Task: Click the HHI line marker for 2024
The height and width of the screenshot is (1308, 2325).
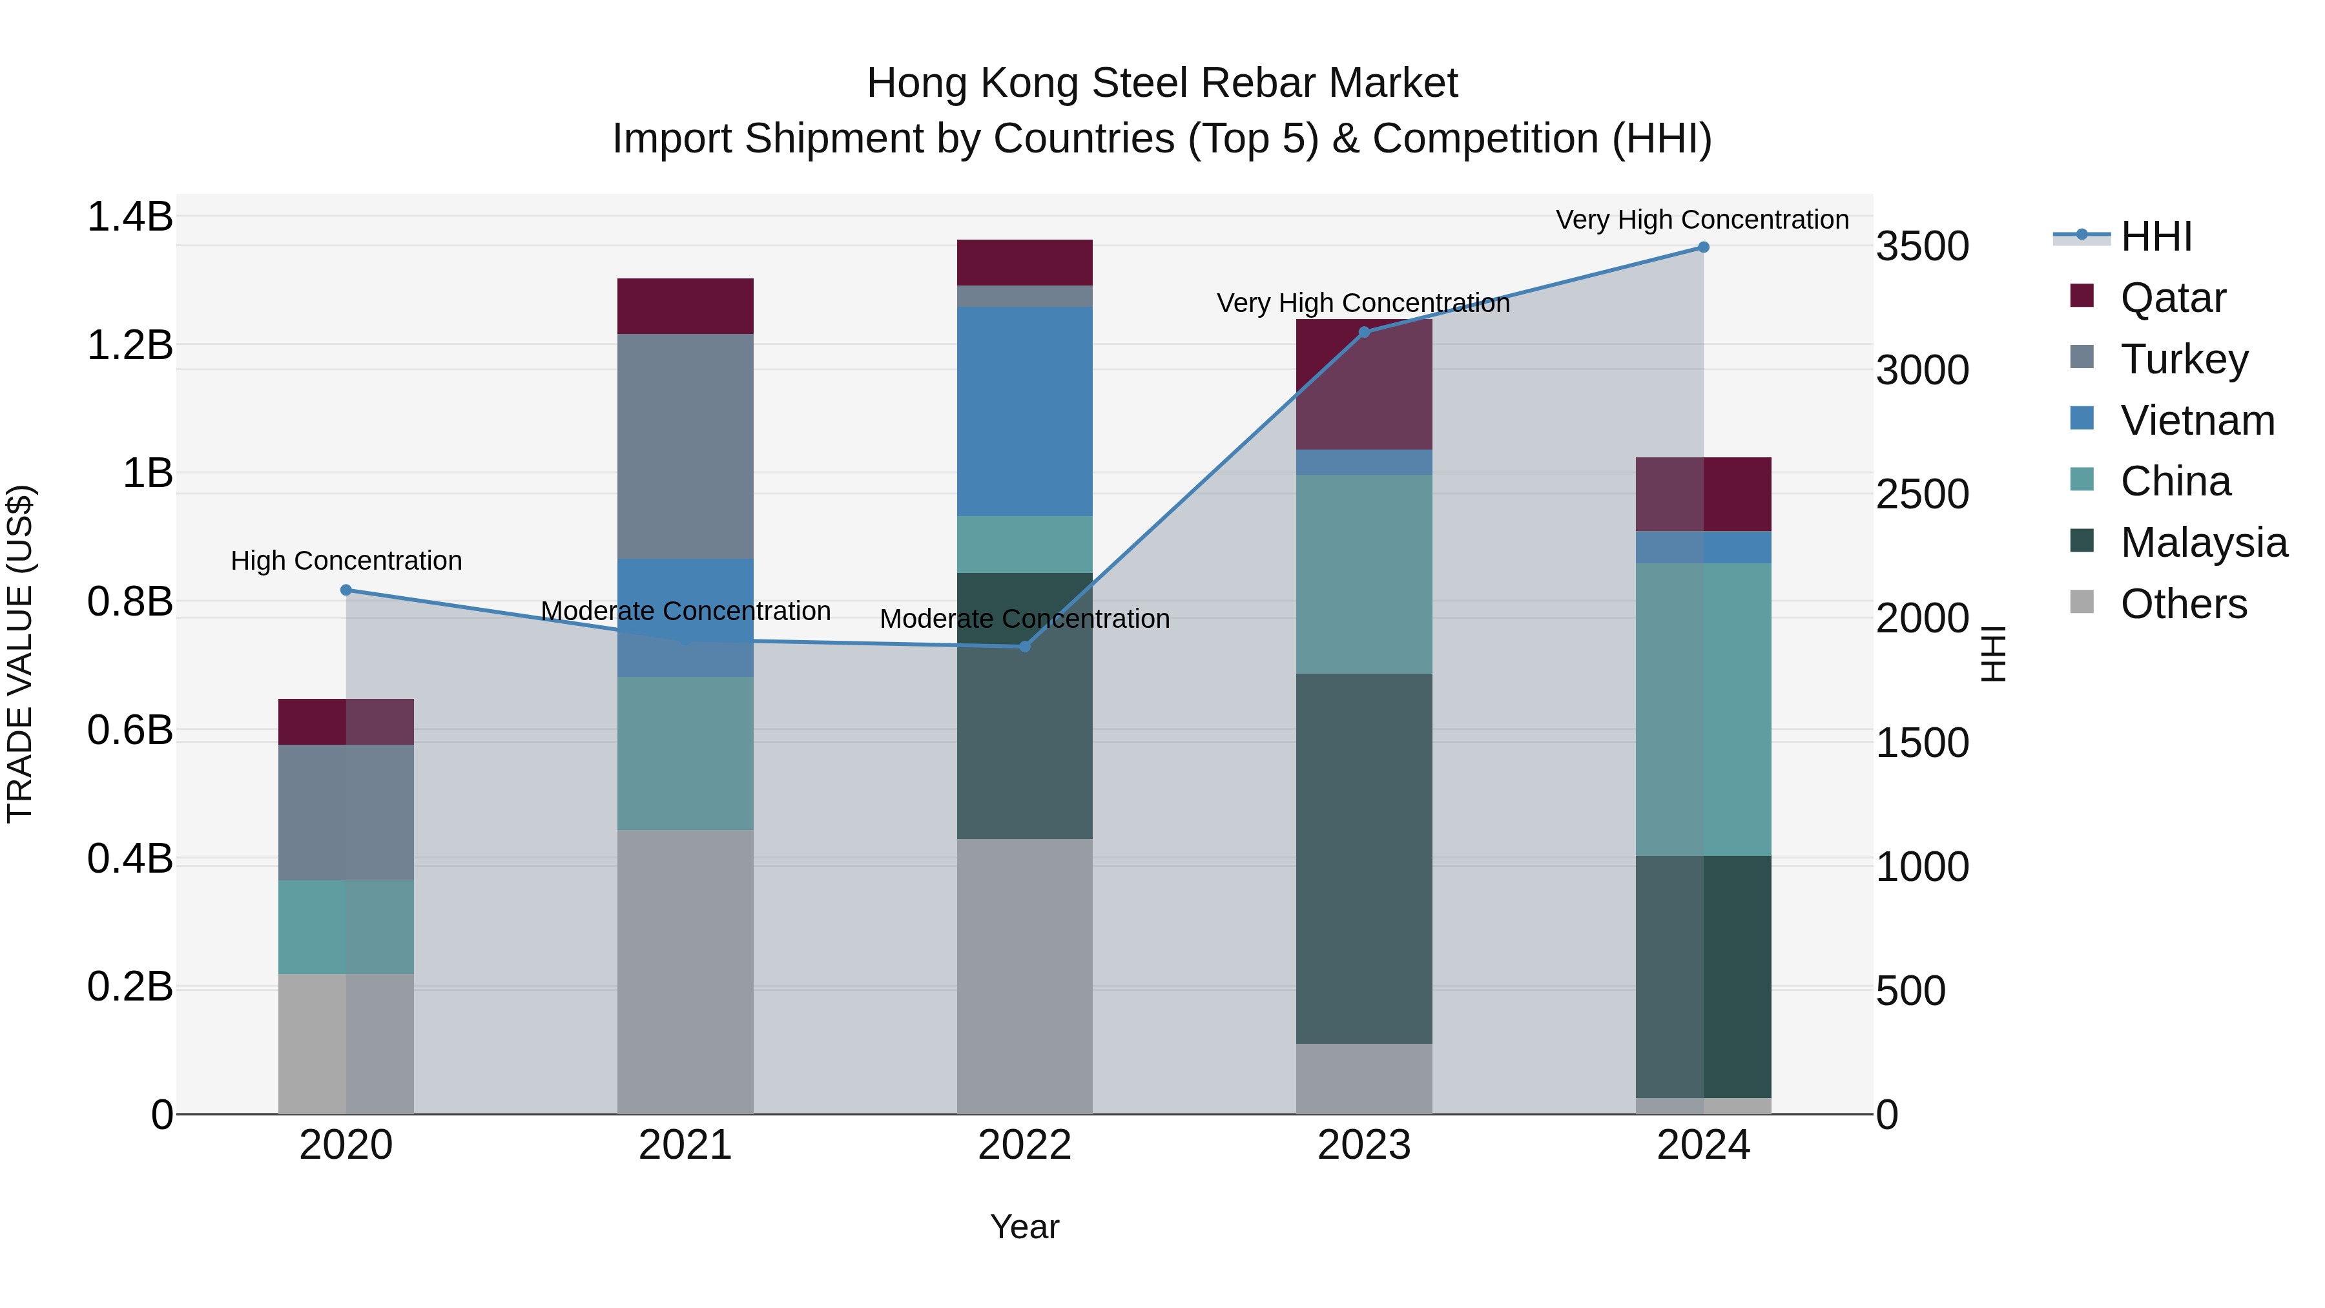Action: pos(1703,247)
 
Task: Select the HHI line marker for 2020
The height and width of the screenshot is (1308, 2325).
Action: pos(346,590)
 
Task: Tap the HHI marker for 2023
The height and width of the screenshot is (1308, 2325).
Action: pos(1364,332)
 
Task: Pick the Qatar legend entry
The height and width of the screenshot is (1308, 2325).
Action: pos(2173,298)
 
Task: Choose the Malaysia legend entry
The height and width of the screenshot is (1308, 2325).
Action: pos(2203,543)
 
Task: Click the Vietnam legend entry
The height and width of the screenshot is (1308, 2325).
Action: pos(2197,420)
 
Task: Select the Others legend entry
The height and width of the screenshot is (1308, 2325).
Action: pos(2184,604)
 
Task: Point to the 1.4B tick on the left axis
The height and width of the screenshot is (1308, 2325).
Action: pos(129,218)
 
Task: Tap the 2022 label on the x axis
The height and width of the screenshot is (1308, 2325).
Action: pos(1024,1145)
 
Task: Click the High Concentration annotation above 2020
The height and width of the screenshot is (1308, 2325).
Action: pos(346,561)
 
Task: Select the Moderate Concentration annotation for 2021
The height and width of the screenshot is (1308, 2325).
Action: pos(685,611)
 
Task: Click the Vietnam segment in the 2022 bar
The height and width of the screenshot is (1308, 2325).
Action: pos(1024,411)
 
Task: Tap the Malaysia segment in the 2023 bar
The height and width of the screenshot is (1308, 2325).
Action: pos(1364,858)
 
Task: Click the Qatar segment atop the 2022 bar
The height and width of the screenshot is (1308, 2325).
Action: pos(1024,263)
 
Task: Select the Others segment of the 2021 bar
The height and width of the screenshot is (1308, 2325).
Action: pos(685,971)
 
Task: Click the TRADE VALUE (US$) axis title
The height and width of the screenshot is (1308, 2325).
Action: pos(20,654)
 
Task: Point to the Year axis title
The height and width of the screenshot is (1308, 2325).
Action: pos(1024,1227)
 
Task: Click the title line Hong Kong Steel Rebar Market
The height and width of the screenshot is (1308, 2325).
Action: pos(1162,83)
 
